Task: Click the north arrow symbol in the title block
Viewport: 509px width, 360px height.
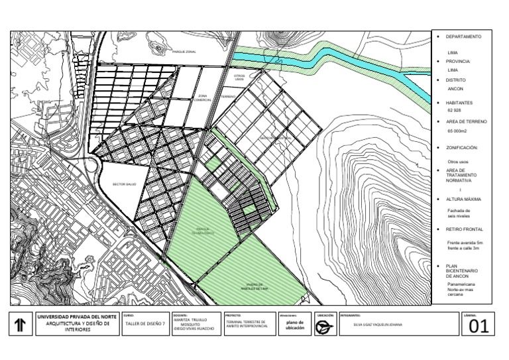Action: [21, 324]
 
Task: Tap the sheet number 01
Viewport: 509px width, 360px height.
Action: [479, 326]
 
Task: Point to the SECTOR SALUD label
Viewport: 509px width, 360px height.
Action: [124, 184]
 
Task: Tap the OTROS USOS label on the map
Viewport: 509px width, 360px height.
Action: [240, 78]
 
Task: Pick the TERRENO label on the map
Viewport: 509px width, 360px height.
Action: [229, 97]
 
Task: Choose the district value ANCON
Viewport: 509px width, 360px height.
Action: [455, 89]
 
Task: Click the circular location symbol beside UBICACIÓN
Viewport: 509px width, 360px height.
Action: [324, 326]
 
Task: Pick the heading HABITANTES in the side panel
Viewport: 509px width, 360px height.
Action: [463, 102]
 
